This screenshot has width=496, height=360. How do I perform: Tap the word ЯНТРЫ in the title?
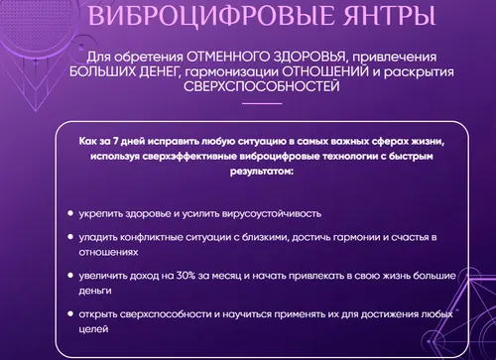390,15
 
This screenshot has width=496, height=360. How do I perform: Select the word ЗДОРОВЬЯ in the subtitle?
310,58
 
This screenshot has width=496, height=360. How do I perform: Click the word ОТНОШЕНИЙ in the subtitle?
325,71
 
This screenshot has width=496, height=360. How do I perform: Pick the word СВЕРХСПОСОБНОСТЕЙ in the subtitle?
262,86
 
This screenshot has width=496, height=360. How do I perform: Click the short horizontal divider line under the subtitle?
262,103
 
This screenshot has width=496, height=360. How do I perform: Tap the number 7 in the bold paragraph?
115,142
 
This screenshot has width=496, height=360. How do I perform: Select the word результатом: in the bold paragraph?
262,172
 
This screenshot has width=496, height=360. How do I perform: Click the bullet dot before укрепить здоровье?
70,213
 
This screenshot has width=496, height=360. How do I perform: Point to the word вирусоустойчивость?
272,214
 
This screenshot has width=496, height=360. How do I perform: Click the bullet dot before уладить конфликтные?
70,237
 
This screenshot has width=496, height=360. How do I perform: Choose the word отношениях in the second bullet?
108,252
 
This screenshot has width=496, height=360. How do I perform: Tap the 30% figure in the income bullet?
186,276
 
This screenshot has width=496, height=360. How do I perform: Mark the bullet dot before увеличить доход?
70,275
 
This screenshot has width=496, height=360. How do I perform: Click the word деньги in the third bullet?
95,291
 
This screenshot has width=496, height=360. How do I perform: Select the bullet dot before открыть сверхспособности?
70,313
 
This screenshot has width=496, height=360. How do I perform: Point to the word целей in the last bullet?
93,329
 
